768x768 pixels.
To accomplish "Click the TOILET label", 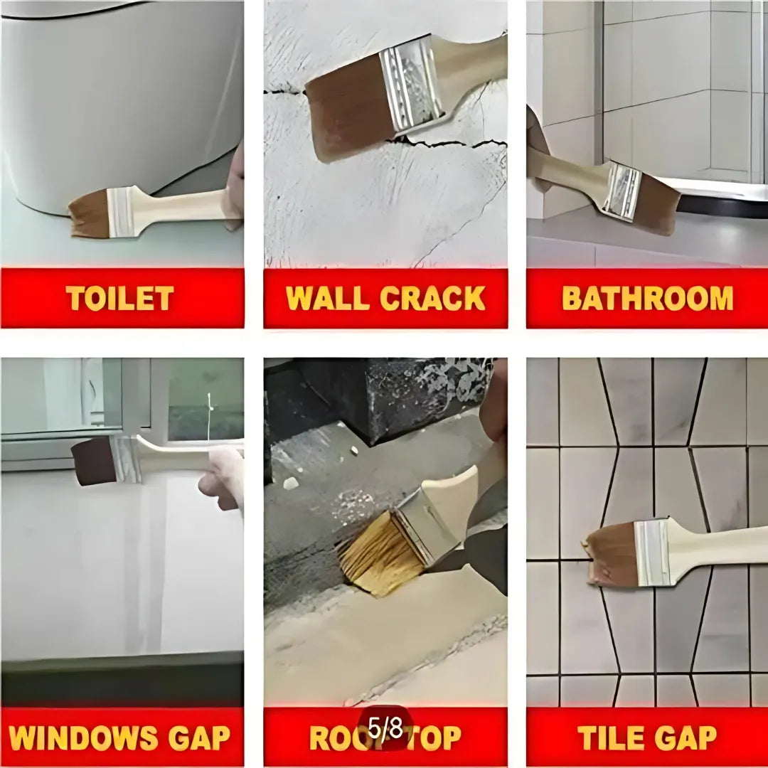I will point(119,298).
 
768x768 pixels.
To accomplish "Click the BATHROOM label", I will point(647,298).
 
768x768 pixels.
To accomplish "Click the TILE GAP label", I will point(647,738).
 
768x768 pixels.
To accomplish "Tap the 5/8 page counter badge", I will point(385,728).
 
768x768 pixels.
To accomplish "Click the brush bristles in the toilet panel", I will point(90,215).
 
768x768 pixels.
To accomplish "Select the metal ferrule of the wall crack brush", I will point(411,85).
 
